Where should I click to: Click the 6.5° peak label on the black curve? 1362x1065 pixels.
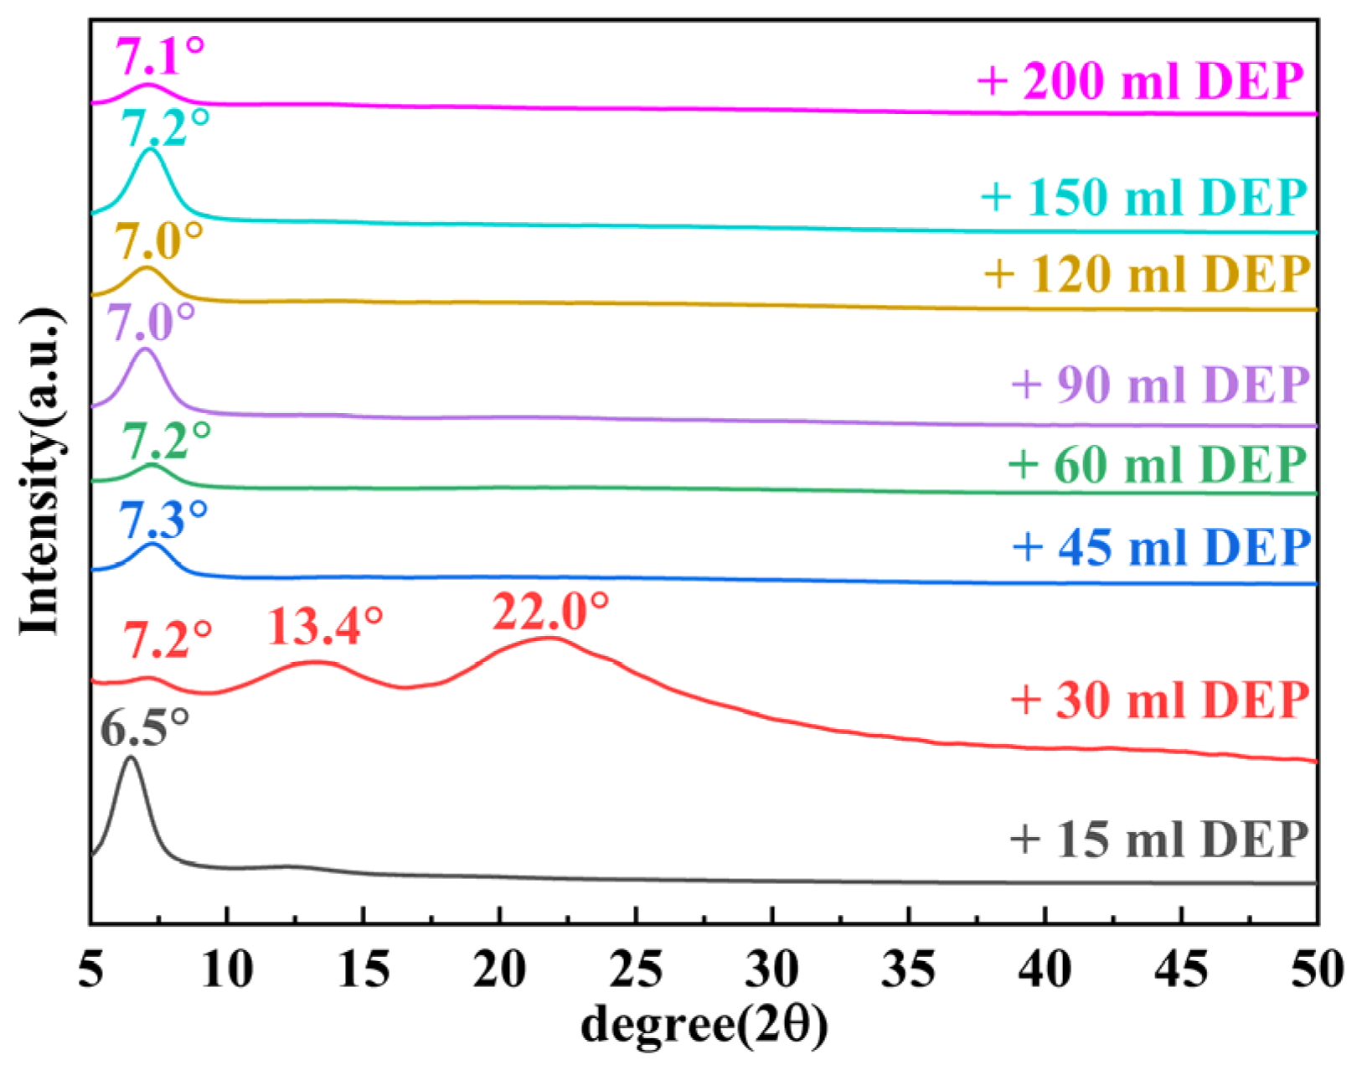[x=145, y=727]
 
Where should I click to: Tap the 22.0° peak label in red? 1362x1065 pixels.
[x=550, y=612]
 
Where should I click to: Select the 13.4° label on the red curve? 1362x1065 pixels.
[x=325, y=626]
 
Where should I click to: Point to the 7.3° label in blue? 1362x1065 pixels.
[x=164, y=520]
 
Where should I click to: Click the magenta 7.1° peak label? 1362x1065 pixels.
[x=159, y=57]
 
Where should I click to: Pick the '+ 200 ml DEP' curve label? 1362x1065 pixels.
[x=1141, y=81]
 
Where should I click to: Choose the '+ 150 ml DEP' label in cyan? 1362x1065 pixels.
[x=1143, y=197]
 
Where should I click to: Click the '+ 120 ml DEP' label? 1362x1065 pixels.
[x=1147, y=273]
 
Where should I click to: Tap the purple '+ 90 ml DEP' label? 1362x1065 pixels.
[x=1160, y=385]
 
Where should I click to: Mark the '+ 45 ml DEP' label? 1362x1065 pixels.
[x=1161, y=547]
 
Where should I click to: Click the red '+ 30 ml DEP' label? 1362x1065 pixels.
[x=1160, y=699]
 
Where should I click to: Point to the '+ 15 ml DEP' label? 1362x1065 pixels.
[x=1158, y=839]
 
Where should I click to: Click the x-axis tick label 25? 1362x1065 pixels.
[x=636, y=969]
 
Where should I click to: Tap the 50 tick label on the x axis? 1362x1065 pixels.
[x=1317, y=969]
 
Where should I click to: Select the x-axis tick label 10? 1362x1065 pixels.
[x=226, y=969]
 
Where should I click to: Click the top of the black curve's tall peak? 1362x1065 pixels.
[x=130, y=757]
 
